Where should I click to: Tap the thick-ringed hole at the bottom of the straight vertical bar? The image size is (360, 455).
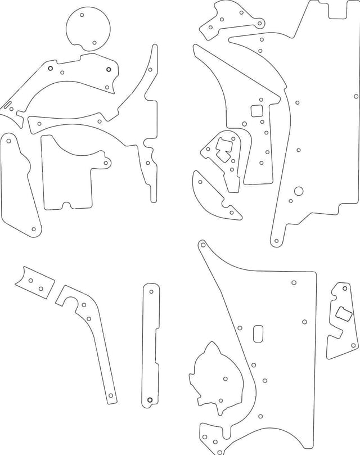pyautogui.click(x=150, y=400)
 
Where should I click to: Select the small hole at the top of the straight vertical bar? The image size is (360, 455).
pyautogui.click(x=151, y=291)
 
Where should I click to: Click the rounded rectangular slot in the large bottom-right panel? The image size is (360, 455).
pyautogui.click(x=259, y=332)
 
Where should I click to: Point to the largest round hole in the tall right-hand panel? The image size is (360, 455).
pyautogui.click(x=299, y=191)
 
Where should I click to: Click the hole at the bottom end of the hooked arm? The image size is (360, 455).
pyautogui.click(x=111, y=396)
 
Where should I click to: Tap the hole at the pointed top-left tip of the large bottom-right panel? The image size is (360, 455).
pyautogui.click(x=202, y=245)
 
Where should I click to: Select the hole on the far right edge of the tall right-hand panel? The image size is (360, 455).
pyautogui.click(x=356, y=96)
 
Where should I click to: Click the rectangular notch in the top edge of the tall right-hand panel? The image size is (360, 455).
pyautogui.click(x=337, y=8)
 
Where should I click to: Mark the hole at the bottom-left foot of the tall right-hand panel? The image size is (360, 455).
pyautogui.click(x=276, y=242)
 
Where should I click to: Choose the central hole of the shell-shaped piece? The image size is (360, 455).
pyautogui.click(x=226, y=379)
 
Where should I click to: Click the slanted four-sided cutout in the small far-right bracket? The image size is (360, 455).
pyautogui.click(x=344, y=314)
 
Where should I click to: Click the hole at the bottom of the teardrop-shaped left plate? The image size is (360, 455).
pyautogui.click(x=34, y=229)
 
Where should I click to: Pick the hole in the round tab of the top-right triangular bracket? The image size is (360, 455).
pyautogui.click(x=259, y=24)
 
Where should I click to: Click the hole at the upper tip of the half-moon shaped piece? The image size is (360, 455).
pyautogui.click(x=200, y=181)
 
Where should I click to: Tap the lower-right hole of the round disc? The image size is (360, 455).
pyautogui.click(x=95, y=42)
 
